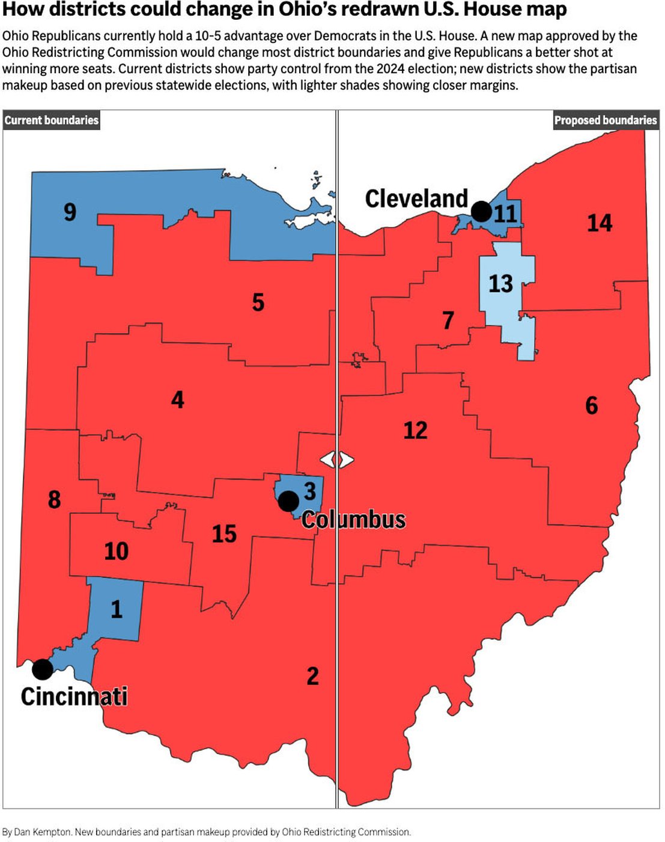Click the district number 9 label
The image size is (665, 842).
[70, 212]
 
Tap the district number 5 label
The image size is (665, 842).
[258, 303]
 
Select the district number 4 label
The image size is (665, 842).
[177, 400]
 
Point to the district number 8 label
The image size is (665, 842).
[54, 499]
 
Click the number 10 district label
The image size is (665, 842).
[116, 551]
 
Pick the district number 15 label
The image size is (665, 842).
[224, 533]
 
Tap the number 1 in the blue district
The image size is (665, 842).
[117, 609]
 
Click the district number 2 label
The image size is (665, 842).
[312, 676]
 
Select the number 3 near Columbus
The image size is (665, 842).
[309, 491]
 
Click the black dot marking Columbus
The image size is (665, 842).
[288, 500]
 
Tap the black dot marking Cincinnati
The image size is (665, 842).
[42, 669]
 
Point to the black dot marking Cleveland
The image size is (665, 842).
[481, 211]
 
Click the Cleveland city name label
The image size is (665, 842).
[416, 198]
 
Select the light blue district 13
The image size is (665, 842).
[501, 283]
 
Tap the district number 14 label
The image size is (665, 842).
[599, 223]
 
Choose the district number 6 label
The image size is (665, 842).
[591, 406]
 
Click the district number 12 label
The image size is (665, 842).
[415, 431]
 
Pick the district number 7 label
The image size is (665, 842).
[448, 321]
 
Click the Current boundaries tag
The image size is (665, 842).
[51, 120]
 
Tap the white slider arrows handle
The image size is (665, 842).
[336, 459]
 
